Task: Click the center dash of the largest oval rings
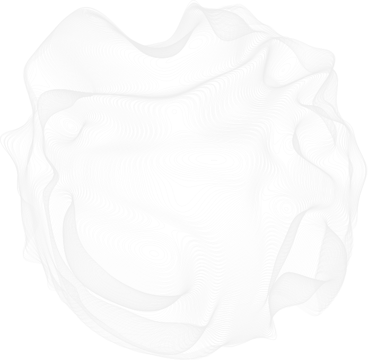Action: [214, 159]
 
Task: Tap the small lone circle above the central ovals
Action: [173, 112]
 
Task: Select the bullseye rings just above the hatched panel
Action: [286, 208]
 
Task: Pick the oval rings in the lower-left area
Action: [154, 253]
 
